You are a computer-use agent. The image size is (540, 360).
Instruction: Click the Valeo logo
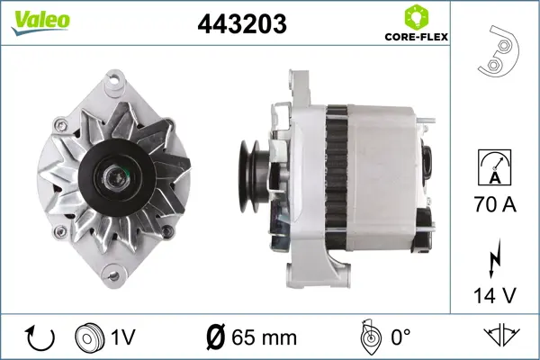(40, 22)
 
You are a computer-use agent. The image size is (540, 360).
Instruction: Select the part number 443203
(242, 23)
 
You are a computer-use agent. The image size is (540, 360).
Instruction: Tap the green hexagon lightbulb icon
(416, 16)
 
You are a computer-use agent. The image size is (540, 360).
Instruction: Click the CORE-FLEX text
(417, 37)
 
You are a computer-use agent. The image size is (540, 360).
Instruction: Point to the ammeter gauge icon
(494, 167)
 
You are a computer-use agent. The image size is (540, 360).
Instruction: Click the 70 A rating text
(495, 204)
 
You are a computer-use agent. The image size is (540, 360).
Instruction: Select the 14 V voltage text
(495, 295)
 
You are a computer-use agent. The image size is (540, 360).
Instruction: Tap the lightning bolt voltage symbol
(494, 258)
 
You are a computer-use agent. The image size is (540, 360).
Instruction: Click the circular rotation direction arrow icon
(40, 337)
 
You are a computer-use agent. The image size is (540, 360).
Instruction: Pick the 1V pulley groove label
(123, 337)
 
